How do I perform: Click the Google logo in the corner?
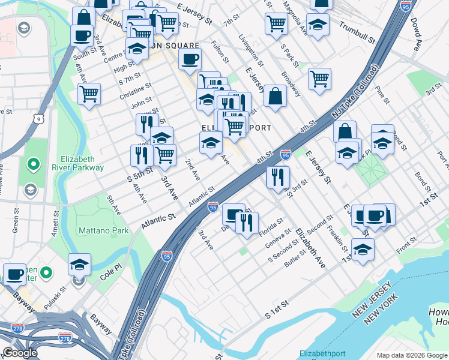[x=19, y=353]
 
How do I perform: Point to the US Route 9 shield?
[x=38, y=119]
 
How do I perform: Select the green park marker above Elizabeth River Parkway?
[x=34, y=163]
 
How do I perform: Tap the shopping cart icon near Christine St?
[x=89, y=94]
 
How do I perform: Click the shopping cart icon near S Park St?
[x=276, y=23]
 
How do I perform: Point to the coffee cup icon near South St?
[x=82, y=34]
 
